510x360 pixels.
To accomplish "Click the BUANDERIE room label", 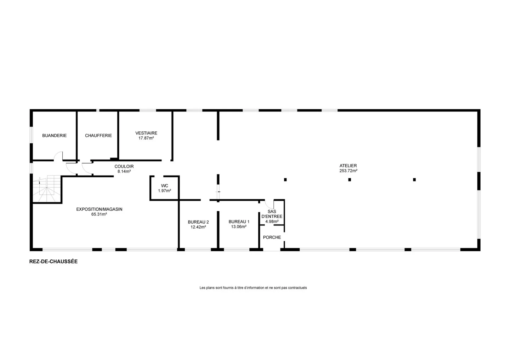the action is coord(55,136).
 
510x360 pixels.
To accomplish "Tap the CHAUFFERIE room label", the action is coord(98,136).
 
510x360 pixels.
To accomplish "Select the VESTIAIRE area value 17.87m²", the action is coord(146,138).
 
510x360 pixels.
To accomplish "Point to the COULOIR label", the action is coord(124,167).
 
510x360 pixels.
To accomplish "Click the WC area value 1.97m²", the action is coord(165,191).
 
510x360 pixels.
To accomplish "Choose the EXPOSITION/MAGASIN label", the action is coord(99,209).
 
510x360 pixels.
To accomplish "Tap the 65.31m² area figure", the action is coord(99,214).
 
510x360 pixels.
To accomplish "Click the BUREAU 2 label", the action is coord(198,222).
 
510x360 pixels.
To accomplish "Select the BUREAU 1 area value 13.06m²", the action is coord(239,227).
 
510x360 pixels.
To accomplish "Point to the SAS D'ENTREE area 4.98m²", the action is coord(272,222).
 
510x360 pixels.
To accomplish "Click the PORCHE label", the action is coord(272,237).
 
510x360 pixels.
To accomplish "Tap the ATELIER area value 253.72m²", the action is coord(348,171).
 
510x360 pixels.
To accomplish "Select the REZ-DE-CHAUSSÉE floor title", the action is coord(53,262).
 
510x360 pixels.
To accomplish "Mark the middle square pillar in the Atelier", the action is coord(350,180).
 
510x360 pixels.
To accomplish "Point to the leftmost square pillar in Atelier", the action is coord(285,180).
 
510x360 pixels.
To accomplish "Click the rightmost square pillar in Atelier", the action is coord(414,180).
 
